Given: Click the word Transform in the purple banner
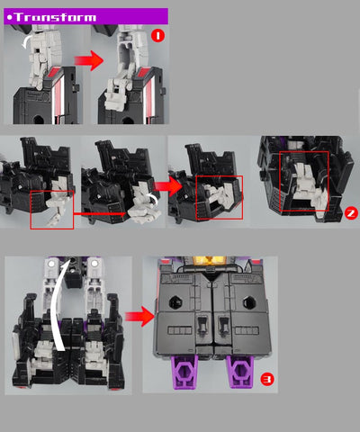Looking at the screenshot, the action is (56, 17).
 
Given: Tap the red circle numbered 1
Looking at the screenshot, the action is (157, 36).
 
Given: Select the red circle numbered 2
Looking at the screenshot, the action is (351, 213).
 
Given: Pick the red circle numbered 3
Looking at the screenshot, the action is (267, 379).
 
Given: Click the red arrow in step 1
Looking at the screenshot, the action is (89, 60).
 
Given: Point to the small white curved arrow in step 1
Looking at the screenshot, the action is (25, 41).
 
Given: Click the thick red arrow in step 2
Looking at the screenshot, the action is (168, 186).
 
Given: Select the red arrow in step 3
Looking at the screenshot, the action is (139, 317).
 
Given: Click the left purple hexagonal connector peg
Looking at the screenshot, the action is (184, 372).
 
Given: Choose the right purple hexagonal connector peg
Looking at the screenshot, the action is (239, 372).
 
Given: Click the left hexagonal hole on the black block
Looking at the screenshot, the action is (175, 302).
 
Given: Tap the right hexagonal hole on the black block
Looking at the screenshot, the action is (249, 302).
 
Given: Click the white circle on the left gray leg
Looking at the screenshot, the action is (51, 264).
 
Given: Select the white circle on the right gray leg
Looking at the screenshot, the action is (94, 264).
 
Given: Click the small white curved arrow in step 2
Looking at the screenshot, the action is (153, 199).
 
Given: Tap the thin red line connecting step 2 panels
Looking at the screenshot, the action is (100, 214).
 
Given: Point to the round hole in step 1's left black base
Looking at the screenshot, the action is (39, 120).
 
